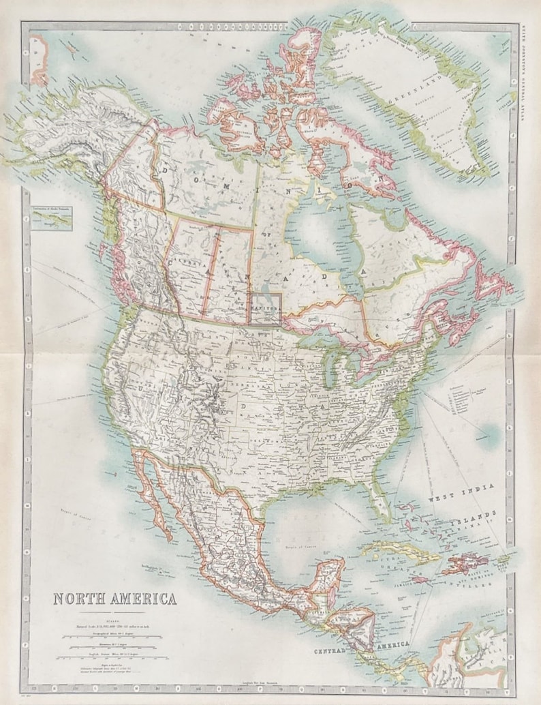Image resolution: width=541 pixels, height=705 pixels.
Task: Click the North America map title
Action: tap(115, 599)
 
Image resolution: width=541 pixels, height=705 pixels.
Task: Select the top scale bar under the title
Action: tap(109, 635)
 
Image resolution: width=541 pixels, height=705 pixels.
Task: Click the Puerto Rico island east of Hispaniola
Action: tap(503, 562)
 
